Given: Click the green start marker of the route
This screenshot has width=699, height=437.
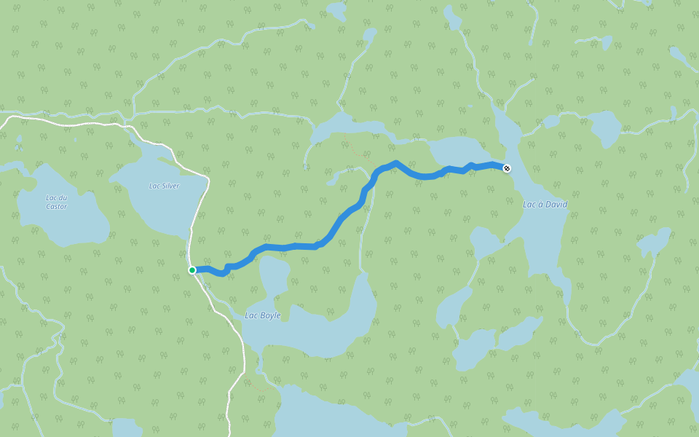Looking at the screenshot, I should coord(192,270).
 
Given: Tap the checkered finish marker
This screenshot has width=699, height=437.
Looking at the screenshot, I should coord(507,168).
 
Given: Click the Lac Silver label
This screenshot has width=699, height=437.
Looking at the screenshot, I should coord(164,186).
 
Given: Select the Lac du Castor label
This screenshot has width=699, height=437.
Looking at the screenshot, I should coord(56,202).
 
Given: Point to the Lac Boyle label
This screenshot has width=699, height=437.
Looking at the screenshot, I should coord(263,315).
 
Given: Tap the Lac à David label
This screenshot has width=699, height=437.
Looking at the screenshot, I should coord(545,205).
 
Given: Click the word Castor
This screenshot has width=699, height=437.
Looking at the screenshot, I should coord(56,207).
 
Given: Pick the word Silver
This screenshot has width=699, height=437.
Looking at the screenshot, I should coord(170,186).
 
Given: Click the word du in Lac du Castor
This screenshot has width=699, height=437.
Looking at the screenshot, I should coord(61,197).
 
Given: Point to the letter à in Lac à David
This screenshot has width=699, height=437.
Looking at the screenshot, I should coord(537,205).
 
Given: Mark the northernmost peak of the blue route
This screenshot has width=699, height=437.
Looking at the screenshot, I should coord(395,162).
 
